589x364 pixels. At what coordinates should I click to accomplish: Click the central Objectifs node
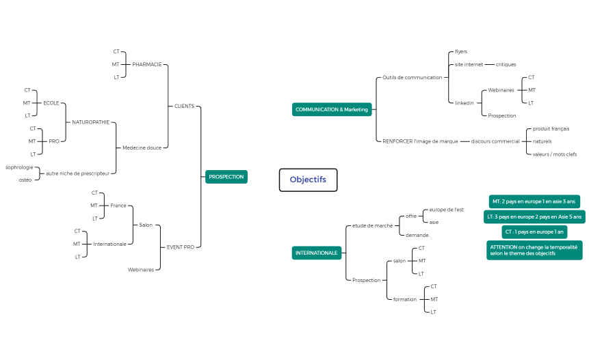(x=308, y=180)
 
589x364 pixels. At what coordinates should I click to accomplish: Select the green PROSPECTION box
(x=226, y=177)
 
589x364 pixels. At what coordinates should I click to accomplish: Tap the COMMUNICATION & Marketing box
(x=332, y=109)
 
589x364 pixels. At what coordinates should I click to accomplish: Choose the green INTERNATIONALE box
(x=316, y=253)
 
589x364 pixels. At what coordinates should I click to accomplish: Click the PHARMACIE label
(x=146, y=64)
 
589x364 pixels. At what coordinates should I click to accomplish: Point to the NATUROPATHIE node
(x=90, y=122)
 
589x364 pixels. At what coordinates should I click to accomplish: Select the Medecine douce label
(x=142, y=148)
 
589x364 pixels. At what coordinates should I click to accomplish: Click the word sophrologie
(x=19, y=167)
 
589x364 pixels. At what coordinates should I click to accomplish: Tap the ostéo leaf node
(x=25, y=180)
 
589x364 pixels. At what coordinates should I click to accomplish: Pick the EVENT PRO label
(x=181, y=247)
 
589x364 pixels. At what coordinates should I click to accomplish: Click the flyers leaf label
(x=461, y=52)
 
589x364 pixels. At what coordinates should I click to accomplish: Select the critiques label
(x=506, y=65)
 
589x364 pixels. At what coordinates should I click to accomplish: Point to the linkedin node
(x=464, y=103)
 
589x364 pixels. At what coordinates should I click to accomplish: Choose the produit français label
(x=551, y=129)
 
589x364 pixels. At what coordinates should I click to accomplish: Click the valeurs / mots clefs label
(x=554, y=154)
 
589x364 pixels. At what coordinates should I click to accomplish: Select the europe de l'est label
(x=446, y=210)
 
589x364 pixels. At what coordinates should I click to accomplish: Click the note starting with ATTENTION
(x=534, y=250)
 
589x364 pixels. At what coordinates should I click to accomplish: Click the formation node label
(x=404, y=299)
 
